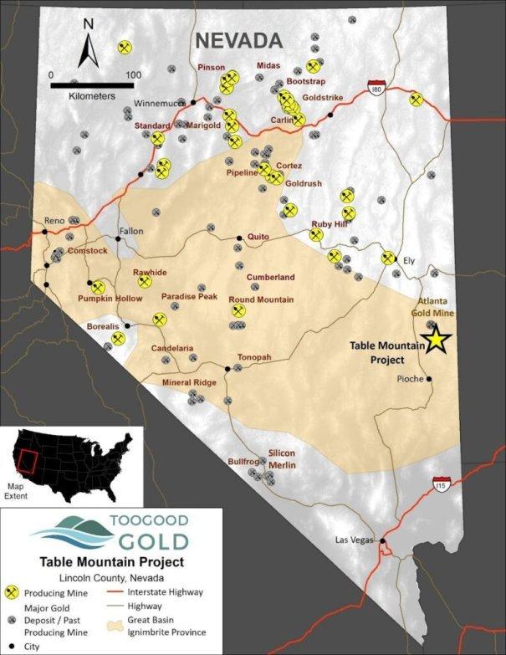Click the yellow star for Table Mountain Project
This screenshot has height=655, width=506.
tap(436, 340)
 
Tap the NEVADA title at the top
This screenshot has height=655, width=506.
tap(238, 40)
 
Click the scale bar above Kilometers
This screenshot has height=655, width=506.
tap(92, 84)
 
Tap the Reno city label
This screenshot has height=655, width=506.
tap(54, 220)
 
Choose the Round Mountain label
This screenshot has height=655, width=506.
tap(260, 299)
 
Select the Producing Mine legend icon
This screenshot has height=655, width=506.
tap(12, 591)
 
